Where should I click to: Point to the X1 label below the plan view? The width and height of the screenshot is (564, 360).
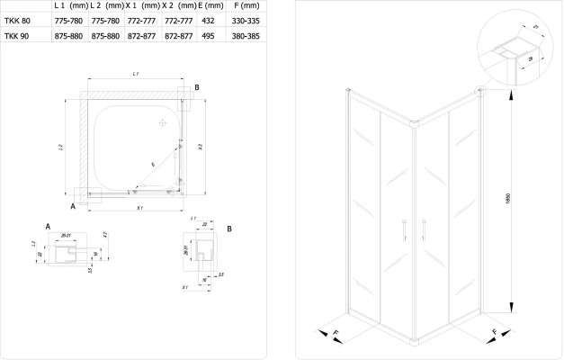pyautogui.click(x=139, y=209)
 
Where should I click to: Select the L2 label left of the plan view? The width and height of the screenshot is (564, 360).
pyautogui.click(x=58, y=146)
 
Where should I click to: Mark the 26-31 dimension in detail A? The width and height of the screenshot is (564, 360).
pyautogui.click(x=66, y=236)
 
